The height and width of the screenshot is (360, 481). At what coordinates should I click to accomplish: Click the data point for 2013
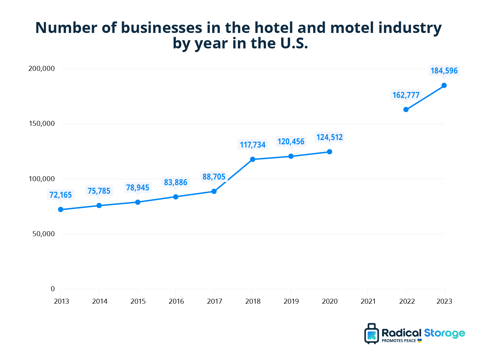pos(61,209)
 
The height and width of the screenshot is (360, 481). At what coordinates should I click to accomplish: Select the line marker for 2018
pos(253,159)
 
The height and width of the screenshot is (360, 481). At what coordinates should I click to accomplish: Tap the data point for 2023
pos(444,85)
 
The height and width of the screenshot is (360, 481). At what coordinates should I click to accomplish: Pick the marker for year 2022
pos(406,109)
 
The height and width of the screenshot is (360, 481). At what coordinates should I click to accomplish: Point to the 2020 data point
pos(329,152)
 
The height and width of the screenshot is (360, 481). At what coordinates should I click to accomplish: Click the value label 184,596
pos(444,71)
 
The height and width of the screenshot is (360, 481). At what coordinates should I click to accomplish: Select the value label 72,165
pos(61,195)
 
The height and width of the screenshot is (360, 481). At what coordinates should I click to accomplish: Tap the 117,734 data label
pos(253,145)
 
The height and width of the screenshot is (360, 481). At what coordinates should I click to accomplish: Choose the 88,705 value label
pos(214,177)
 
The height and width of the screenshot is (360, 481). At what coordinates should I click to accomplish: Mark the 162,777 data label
pos(406,95)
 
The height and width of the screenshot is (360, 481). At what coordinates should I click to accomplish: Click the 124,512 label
pos(329,137)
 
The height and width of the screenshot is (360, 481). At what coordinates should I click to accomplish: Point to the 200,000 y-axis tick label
pos(42,69)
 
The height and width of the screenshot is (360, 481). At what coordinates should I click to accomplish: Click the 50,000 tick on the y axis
pos(44,234)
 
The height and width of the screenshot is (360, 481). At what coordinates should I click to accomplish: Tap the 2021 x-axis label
pos(368,301)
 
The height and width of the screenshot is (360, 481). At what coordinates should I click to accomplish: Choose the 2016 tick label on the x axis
pos(176,301)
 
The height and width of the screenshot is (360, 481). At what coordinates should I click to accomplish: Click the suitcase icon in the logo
pos(372,334)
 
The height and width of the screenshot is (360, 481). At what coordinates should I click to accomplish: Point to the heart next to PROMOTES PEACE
pos(419,341)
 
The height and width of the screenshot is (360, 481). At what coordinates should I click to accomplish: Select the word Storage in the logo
pos(444,333)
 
